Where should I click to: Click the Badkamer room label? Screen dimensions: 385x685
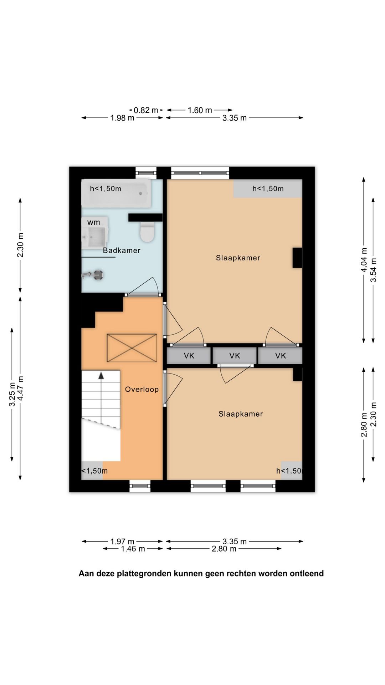click(122, 250)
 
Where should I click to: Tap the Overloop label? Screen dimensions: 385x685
click(142, 389)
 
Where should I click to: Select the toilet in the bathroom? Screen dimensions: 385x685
click(147, 232)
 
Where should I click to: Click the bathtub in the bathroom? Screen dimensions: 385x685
click(116, 193)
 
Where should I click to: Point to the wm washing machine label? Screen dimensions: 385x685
click(94, 222)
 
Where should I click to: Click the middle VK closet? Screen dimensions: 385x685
click(235, 356)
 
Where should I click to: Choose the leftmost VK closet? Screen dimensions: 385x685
click(189, 356)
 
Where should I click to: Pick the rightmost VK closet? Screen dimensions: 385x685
click(281, 356)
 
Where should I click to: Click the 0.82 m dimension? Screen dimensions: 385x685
click(146, 110)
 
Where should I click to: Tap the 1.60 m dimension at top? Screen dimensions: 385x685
click(200, 110)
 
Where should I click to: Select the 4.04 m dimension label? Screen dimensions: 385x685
click(364, 260)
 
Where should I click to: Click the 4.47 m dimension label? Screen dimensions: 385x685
click(20, 388)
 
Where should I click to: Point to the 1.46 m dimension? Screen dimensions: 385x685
click(133, 549)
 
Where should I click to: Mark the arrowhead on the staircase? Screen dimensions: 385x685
click(102, 375)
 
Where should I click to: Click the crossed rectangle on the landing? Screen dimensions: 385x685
click(132, 348)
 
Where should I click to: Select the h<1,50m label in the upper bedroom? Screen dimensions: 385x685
click(268, 189)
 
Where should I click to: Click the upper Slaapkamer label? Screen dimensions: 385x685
click(238, 258)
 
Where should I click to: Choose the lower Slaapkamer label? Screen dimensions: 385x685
click(241, 414)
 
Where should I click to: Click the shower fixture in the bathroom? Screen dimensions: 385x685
click(93, 275)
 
